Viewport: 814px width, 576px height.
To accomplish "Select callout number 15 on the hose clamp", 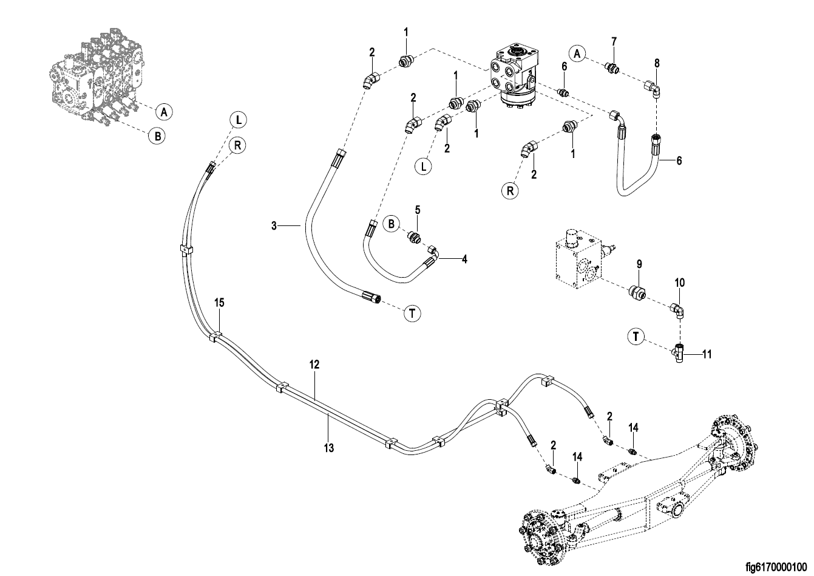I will pos(219,303).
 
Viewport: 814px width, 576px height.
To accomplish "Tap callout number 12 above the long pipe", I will pos(314,365).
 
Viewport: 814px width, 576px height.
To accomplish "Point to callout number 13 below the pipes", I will pos(329,448).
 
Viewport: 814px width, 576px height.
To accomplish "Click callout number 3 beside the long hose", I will pos(274,226).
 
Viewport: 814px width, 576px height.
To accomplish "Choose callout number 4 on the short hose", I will pos(464,259).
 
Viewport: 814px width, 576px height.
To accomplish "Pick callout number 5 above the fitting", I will pos(418,210).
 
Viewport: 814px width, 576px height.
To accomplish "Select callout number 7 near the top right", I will pos(614,41).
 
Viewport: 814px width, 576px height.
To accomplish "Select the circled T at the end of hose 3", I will pos(412,314).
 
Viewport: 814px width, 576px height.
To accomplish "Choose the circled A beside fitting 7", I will pos(578,54).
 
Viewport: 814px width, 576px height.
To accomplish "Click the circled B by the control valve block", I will pos(157,136).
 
